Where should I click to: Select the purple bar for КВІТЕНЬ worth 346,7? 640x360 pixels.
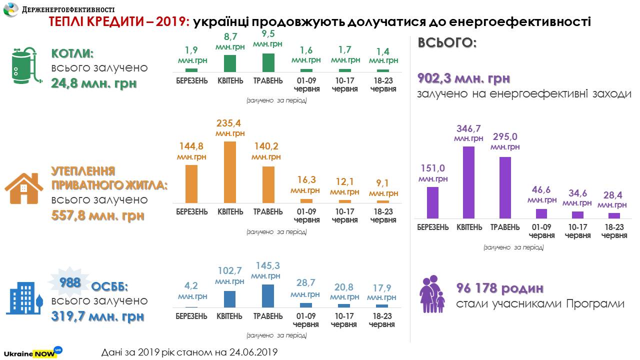(x=469, y=182)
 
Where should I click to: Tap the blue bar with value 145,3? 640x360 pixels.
(x=267, y=295)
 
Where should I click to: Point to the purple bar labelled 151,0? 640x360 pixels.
(x=432, y=202)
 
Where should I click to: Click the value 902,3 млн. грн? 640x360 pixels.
(x=463, y=79)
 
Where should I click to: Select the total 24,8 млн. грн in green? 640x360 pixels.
(x=93, y=83)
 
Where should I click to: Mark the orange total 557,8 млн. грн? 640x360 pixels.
(x=97, y=215)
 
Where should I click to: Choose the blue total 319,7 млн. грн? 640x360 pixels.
(x=97, y=316)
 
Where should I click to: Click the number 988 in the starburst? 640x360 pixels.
(x=70, y=283)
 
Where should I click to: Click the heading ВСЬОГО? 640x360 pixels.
(x=447, y=43)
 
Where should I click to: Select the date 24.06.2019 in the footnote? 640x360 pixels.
(x=252, y=352)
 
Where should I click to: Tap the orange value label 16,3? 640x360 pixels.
(x=305, y=180)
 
